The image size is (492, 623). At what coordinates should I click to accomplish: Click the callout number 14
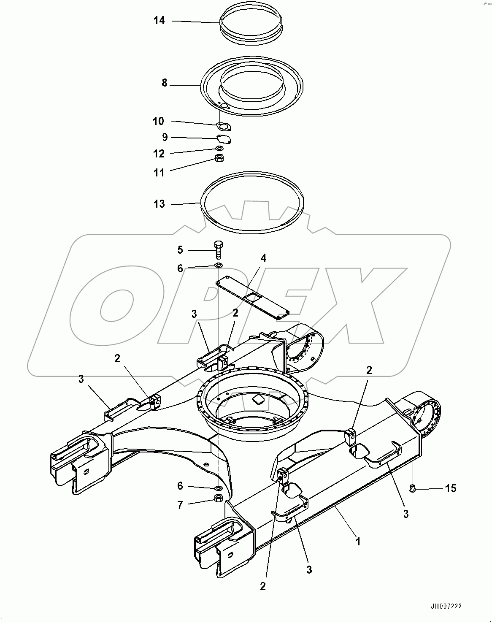(159, 20)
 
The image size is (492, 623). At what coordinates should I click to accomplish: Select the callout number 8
(165, 83)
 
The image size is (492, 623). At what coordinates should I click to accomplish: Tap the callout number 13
(159, 204)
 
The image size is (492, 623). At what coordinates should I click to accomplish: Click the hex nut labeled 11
(219, 159)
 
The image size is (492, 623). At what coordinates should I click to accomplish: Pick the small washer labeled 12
(219, 149)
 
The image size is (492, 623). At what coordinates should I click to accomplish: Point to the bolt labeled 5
(219, 250)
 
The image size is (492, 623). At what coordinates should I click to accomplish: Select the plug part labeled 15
(412, 488)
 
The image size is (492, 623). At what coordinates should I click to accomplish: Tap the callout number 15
(451, 488)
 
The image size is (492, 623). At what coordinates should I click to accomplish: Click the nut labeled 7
(219, 498)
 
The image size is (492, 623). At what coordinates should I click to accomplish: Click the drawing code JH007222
(446, 607)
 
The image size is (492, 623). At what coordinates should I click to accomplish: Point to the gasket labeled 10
(224, 126)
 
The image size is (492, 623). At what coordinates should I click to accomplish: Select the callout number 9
(165, 137)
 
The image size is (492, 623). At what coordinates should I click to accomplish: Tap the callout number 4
(263, 258)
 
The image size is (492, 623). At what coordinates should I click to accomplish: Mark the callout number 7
(180, 505)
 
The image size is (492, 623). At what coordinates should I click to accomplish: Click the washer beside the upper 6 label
(219, 265)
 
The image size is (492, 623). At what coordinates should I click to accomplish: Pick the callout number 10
(158, 122)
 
